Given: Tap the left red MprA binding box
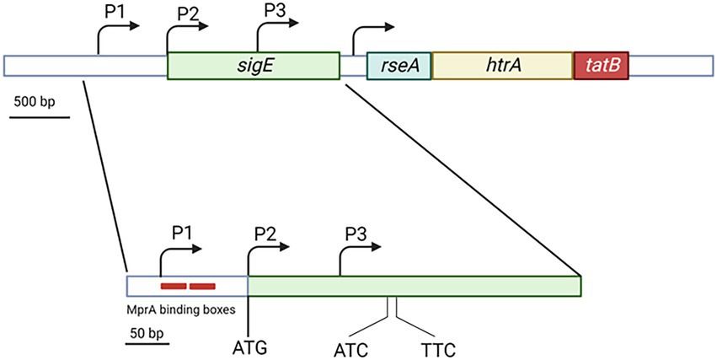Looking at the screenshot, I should click(173, 286).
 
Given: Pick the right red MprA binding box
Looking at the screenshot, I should click(202, 286).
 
